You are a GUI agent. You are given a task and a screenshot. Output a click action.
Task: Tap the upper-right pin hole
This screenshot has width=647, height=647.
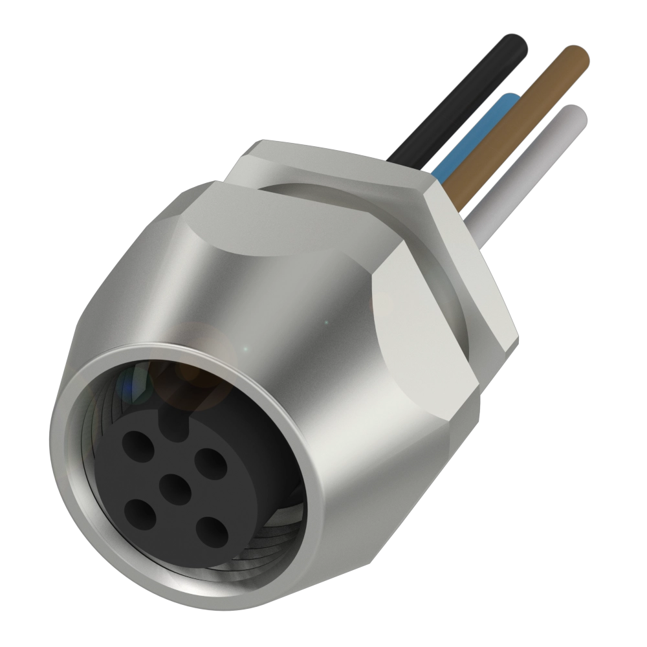(x=209, y=463)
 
